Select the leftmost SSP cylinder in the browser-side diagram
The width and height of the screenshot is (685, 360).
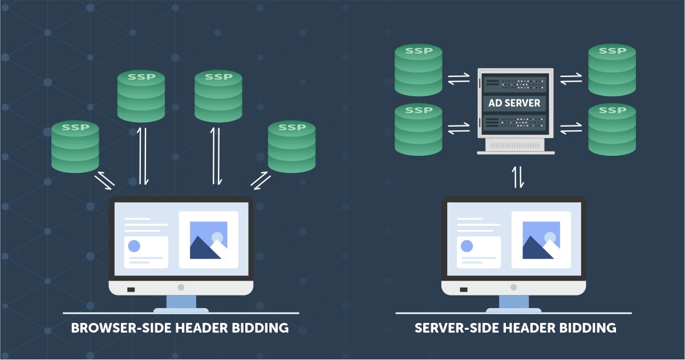pos(75,147)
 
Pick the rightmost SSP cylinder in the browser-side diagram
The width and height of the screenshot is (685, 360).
pos(291,147)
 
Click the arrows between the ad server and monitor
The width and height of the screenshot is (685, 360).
pos(518,176)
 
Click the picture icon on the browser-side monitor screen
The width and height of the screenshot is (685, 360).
pos(208,240)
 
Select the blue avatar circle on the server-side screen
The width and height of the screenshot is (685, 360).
pos(467,246)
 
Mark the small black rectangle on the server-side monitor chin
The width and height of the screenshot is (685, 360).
pos(464,289)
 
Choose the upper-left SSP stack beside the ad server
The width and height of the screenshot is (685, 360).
pos(418,70)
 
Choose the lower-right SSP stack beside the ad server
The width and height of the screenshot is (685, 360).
pos(612,130)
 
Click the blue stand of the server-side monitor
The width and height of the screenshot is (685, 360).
pos(514,302)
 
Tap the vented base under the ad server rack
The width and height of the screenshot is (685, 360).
pos(516,146)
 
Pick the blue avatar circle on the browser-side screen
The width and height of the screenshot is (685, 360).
pos(134,246)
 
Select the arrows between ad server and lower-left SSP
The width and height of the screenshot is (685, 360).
pos(459,130)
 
